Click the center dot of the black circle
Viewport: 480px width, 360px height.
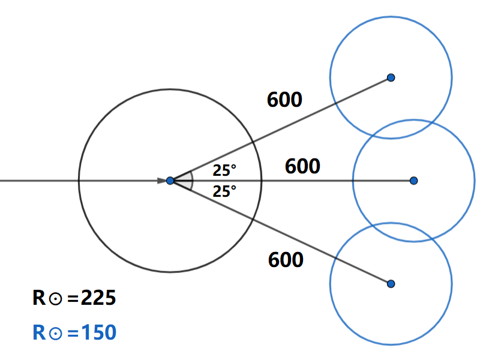(x=170, y=180)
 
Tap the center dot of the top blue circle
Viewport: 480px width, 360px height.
(x=391, y=77)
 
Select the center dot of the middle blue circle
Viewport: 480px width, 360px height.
(x=413, y=180)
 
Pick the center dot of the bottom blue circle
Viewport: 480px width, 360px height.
(x=391, y=283)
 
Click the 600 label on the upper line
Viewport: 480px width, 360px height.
(x=284, y=100)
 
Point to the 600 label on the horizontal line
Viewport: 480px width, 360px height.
(x=302, y=166)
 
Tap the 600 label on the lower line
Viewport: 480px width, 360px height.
(x=286, y=260)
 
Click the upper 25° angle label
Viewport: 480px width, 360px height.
(x=224, y=171)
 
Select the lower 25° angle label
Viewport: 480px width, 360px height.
(x=224, y=192)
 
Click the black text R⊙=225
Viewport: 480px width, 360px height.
(x=74, y=298)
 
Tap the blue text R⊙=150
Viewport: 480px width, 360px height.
(x=74, y=332)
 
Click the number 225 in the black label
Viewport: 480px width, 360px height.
(x=98, y=298)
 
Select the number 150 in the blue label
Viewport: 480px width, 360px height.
(x=98, y=332)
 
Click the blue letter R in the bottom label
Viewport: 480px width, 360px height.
(x=39, y=332)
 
